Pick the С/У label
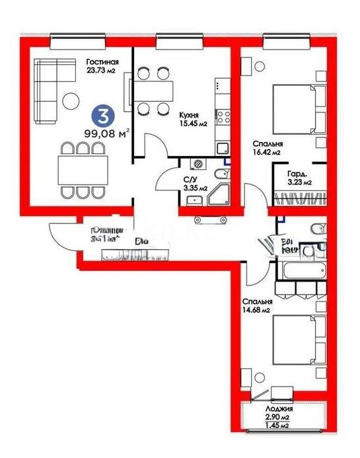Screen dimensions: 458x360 [190, 178]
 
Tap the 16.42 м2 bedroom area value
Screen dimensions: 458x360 [269, 153]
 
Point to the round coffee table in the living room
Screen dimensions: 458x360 [72, 101]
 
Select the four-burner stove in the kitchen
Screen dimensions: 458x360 [223, 118]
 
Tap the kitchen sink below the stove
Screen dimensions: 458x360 [223, 147]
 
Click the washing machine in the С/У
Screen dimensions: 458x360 [198, 165]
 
